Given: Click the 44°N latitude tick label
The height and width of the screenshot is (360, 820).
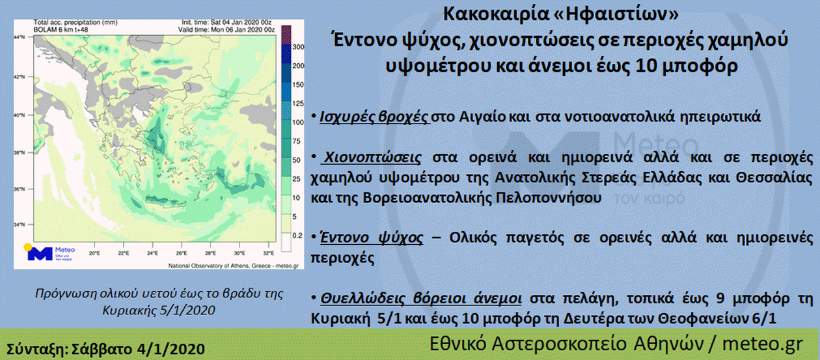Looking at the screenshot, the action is point(20,37).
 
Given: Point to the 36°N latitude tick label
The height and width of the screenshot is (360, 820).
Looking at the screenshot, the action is point(20,189).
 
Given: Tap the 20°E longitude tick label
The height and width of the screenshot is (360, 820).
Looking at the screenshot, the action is point(94,253).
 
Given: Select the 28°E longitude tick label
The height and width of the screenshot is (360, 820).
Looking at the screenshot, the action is point(210,253).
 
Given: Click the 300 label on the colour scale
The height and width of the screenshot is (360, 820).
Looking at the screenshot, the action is point(298,47).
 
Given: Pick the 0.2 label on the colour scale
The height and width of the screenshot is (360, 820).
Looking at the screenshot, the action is point(297,236).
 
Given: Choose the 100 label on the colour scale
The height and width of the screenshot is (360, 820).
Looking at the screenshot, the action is point(298,122).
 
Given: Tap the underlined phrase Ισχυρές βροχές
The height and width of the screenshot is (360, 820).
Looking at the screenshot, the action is point(374,117).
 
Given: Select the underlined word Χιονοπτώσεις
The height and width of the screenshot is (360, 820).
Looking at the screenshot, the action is point(373,158).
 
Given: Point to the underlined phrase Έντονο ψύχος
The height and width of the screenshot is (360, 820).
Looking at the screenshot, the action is point(371,238).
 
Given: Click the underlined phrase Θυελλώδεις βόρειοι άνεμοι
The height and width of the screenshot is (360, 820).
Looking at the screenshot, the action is point(421,299).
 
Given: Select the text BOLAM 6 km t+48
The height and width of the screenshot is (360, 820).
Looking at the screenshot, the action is point(61,30).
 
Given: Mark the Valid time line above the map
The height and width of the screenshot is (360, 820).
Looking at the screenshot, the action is point(226,30).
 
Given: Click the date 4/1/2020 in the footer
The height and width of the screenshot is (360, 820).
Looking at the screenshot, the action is point(171,349).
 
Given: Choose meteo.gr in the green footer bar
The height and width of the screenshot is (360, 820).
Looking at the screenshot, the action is point(763,344).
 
